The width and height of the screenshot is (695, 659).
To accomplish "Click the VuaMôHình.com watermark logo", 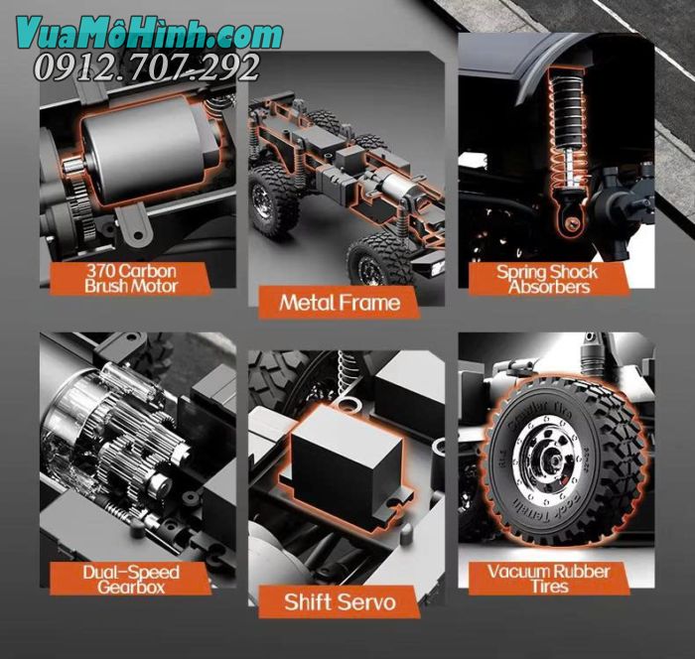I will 149,34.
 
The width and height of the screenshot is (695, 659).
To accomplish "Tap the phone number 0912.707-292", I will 147,67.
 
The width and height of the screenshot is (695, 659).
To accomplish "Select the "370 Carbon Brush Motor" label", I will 132,277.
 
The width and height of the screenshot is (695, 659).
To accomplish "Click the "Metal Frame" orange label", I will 340,302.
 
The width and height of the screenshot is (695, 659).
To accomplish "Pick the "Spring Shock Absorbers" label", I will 548,278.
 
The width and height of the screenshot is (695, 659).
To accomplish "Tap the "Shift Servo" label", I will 340,601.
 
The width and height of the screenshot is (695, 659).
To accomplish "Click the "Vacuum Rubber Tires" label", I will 548,578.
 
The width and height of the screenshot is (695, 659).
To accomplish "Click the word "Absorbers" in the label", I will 548,287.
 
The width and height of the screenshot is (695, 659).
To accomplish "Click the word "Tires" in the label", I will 548,587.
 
